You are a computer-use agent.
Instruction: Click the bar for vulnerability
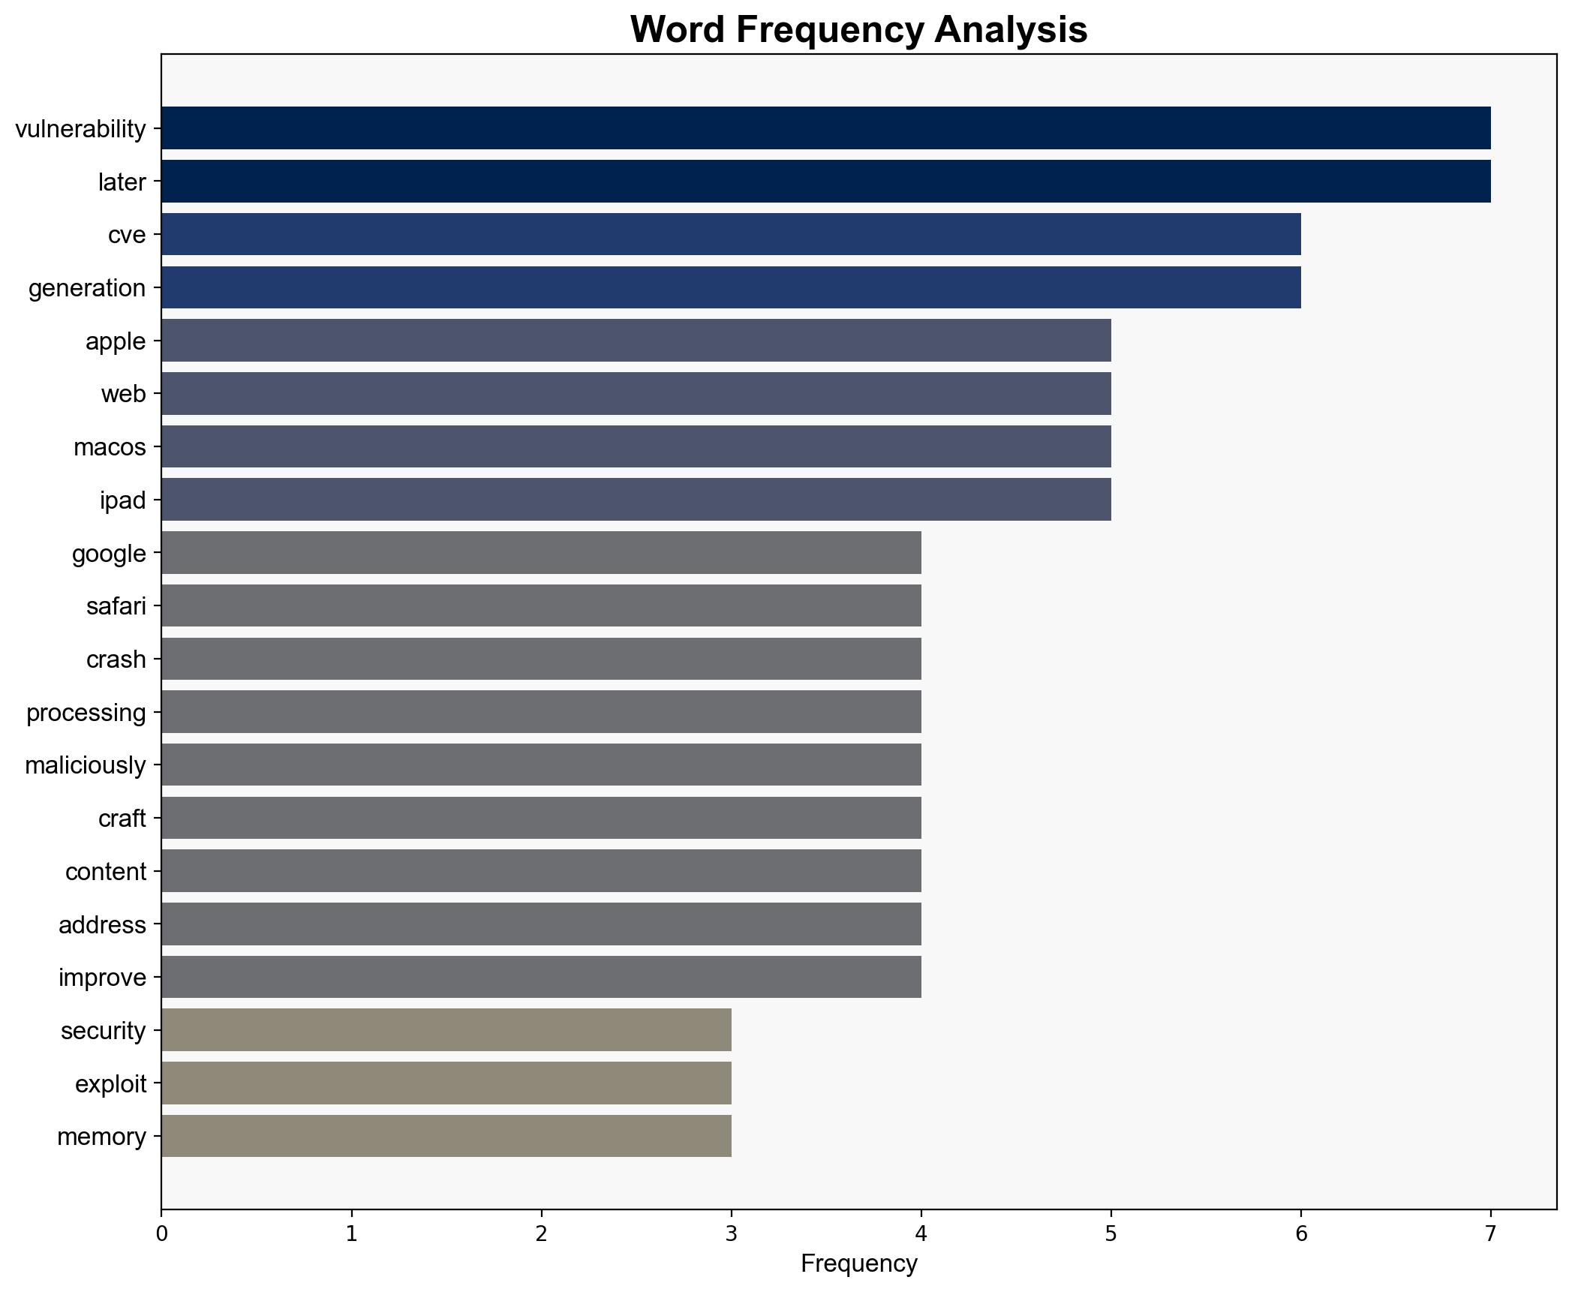pyautogui.click(x=825, y=128)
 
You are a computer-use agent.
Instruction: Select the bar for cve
pyautogui.click(x=731, y=234)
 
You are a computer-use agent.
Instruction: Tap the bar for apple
pyautogui.click(x=636, y=341)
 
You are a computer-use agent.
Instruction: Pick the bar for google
pyautogui.click(x=541, y=553)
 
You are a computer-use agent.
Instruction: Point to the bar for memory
pyautogui.click(x=446, y=1136)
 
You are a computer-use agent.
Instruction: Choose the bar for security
pyautogui.click(x=446, y=1030)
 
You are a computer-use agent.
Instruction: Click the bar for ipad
pyautogui.click(x=636, y=500)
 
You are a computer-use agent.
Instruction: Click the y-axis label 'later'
pyautogui.click(x=122, y=182)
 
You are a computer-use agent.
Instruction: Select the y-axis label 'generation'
pyautogui.click(x=87, y=288)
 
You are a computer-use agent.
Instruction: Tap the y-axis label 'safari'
pyautogui.click(x=116, y=606)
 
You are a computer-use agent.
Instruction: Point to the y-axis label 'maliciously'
pyautogui.click(x=86, y=765)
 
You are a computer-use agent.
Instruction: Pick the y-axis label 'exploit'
pyautogui.click(x=110, y=1083)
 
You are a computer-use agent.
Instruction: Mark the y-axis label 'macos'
pyautogui.click(x=110, y=447)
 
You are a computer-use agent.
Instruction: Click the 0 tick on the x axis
pyautogui.click(x=161, y=1233)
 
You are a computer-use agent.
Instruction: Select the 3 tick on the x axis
pyautogui.click(x=731, y=1233)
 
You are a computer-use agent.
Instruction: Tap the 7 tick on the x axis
pyautogui.click(x=1490, y=1233)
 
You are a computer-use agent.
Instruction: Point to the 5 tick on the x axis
pyautogui.click(x=1111, y=1233)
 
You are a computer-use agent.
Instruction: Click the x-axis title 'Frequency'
pyautogui.click(x=858, y=1264)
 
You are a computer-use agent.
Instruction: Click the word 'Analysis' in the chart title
pyautogui.click(x=1011, y=30)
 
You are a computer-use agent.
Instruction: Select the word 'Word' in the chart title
pyautogui.click(x=678, y=30)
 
